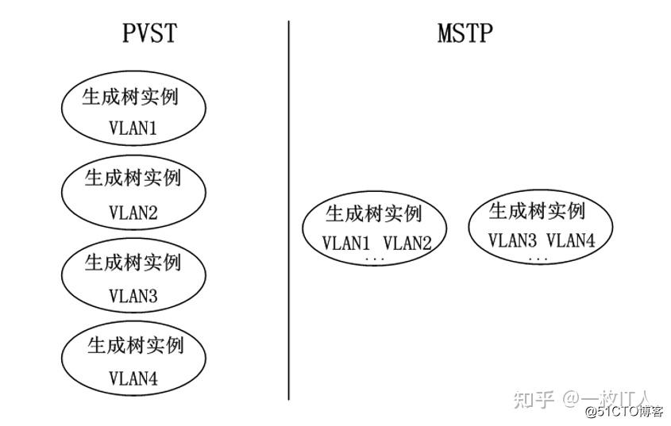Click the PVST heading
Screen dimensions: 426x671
(148, 33)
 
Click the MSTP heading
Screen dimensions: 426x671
(465, 33)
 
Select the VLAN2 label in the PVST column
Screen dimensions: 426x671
(133, 213)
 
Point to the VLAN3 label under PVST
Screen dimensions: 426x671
(133, 296)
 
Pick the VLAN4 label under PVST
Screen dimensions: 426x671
(133, 379)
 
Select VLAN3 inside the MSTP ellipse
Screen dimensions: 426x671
(512, 240)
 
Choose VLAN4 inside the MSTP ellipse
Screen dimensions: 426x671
(571, 240)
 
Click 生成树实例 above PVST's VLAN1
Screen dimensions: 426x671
(130, 97)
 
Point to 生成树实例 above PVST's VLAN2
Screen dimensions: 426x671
(133, 178)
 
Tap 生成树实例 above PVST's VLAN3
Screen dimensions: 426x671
(133, 262)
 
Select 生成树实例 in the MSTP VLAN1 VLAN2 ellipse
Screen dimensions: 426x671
(373, 213)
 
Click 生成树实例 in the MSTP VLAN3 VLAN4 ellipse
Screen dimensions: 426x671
(537, 211)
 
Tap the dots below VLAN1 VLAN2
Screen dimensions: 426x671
(374, 260)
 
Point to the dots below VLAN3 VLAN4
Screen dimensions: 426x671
(538, 259)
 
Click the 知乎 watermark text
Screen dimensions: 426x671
(532, 398)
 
